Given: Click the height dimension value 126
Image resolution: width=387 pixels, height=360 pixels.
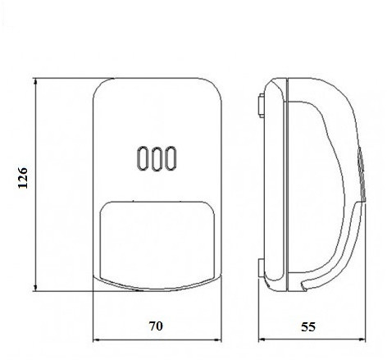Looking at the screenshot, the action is [23, 178].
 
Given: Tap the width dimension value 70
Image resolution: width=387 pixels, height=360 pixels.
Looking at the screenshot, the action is [156, 326].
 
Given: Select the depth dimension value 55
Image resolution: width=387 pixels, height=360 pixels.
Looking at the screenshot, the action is [308, 326].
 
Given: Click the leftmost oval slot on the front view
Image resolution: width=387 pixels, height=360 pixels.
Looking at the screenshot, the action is [142, 158].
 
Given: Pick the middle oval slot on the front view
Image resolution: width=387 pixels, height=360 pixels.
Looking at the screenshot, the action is [157, 158].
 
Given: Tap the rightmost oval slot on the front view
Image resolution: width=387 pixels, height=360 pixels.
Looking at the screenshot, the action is [171, 158].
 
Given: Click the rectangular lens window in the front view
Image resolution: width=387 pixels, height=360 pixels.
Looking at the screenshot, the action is [157, 240].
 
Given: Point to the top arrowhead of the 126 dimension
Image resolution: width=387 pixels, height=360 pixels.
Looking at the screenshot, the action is [35, 81].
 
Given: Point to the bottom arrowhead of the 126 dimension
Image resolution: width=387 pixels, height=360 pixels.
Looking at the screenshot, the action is [35, 288].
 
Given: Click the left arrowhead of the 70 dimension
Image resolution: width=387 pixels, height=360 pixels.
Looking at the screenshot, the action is [97, 340].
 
